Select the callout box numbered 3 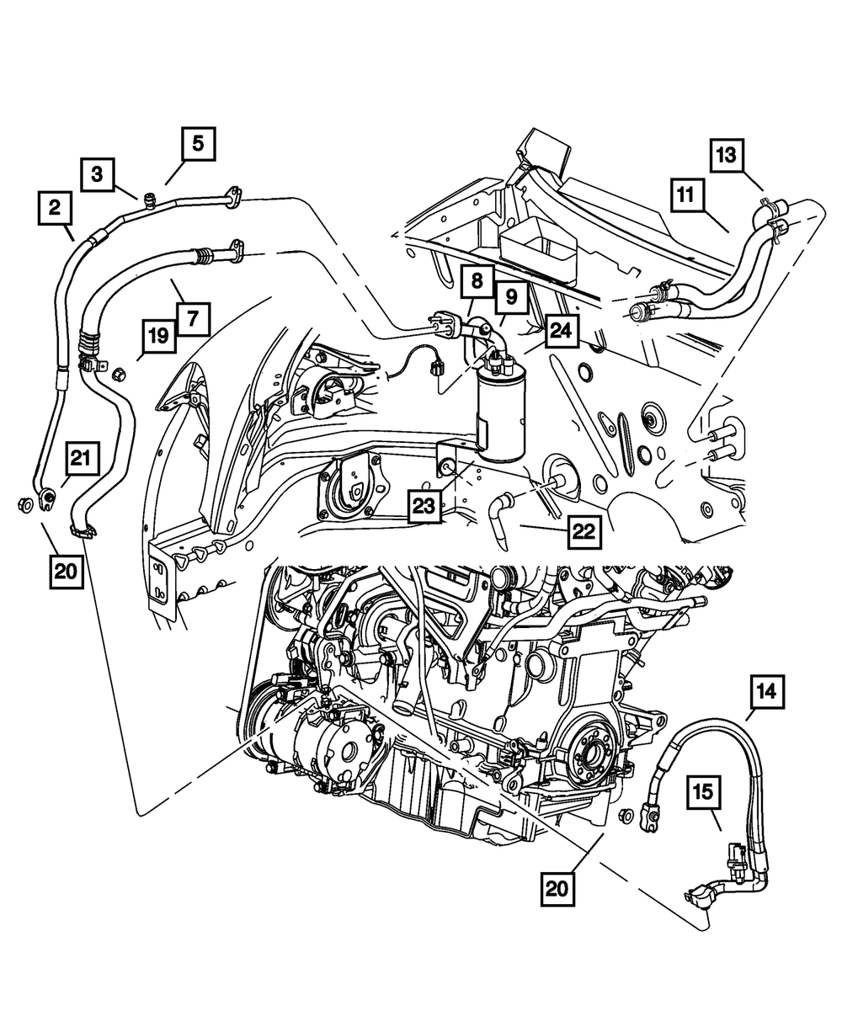coord(98,175)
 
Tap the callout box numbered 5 coord(197,144)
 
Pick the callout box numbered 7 coord(193,319)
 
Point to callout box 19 coord(160,338)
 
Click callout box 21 coord(79,459)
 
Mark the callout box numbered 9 coord(511,296)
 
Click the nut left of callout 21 coord(23,505)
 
